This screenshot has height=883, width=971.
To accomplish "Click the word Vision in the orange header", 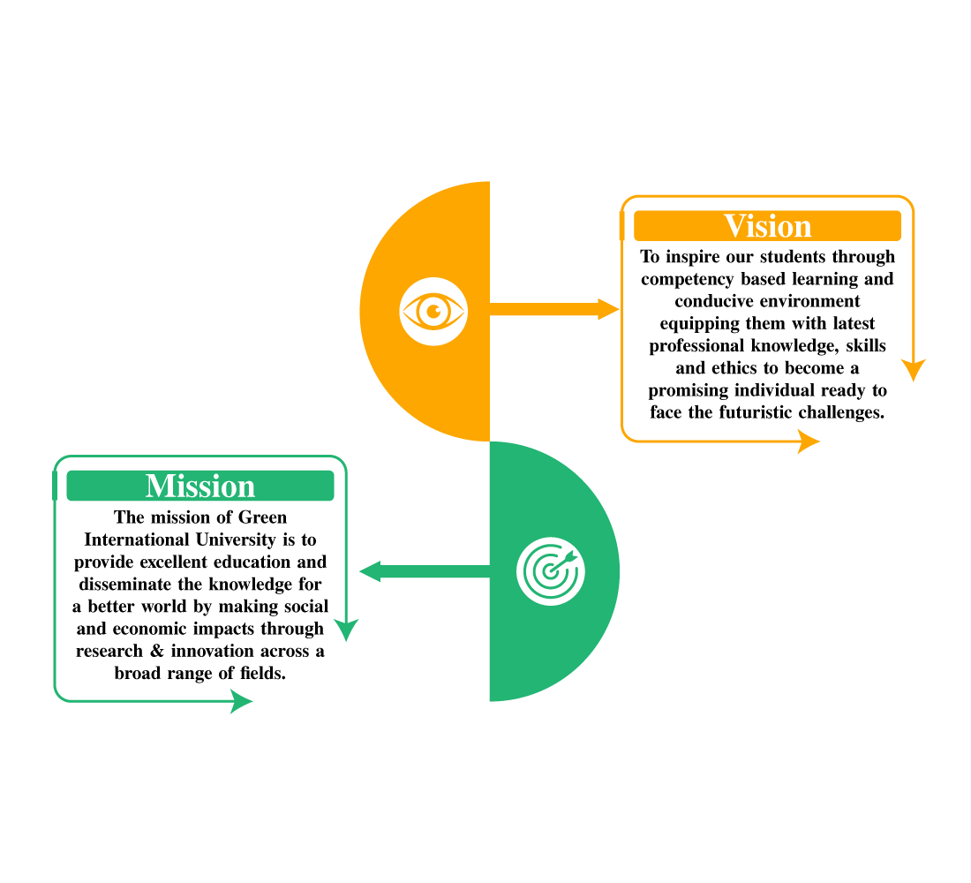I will [767, 226].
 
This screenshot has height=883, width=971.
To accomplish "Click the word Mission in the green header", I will [200, 486].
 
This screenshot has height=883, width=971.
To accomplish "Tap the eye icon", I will [433, 311].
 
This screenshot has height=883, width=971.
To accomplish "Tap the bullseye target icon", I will [550, 572].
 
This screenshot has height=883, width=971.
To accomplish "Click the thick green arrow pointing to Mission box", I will [424, 572].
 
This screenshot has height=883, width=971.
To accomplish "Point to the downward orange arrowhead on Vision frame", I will [914, 369].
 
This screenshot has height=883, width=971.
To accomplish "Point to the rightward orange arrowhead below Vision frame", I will [809, 441].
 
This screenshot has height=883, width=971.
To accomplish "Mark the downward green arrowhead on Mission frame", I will [346, 629].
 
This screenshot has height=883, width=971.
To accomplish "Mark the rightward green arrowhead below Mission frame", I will [240, 701].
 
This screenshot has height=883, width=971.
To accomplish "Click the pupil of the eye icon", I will [433, 311].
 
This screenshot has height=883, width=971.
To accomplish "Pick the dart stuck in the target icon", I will [566, 558].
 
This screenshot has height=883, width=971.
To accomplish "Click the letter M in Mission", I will [160, 486].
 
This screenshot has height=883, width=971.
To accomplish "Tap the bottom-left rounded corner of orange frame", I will [627, 435].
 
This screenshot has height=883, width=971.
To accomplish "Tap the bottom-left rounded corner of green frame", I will [59, 696].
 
